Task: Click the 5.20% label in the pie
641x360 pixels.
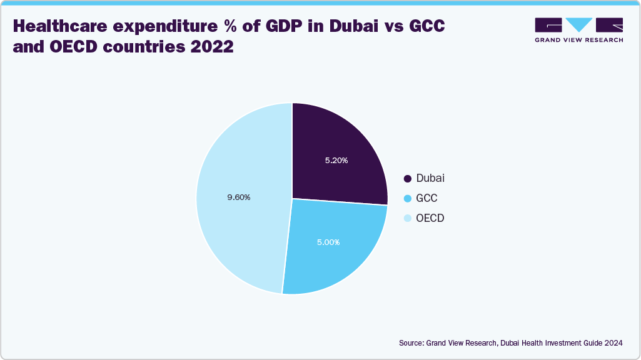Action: [x=336, y=160]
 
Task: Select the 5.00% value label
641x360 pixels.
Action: [x=328, y=241]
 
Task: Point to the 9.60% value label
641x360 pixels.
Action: [x=238, y=197]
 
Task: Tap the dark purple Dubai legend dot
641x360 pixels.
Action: [x=408, y=179]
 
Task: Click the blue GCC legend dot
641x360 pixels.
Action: [x=408, y=199]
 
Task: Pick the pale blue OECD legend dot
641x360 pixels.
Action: [x=408, y=219]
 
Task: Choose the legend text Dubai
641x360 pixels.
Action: [x=430, y=179]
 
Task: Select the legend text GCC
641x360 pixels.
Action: [x=426, y=199]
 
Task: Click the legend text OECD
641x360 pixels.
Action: [x=430, y=219]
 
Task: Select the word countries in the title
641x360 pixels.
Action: [x=142, y=47]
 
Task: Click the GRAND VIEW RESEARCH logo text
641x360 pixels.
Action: [x=578, y=40]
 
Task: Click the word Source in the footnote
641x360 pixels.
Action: [x=411, y=343]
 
